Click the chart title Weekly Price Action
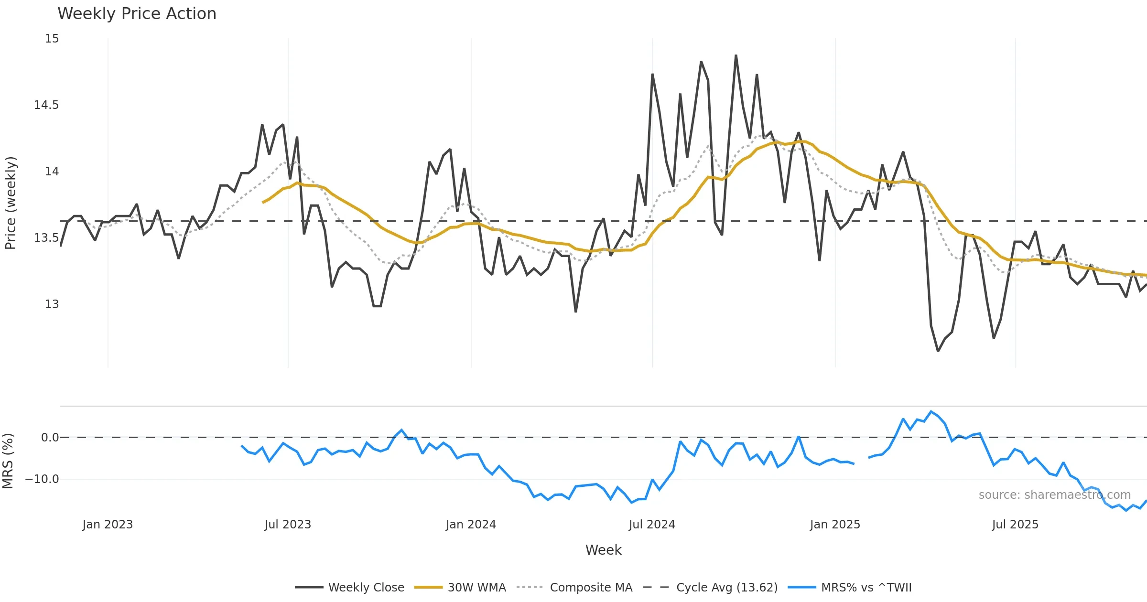point(137,14)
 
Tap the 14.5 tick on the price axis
point(46,105)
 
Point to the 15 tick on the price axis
point(52,39)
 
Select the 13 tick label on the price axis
point(52,304)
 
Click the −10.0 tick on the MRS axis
point(42,479)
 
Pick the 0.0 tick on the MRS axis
point(50,438)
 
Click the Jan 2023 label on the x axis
point(108,525)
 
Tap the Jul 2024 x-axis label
point(652,525)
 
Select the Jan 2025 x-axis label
point(835,525)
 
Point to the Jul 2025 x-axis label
point(1015,525)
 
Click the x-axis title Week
point(603,550)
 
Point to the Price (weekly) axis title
point(11,203)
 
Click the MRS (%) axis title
point(8,461)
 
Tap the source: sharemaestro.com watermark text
point(1054,495)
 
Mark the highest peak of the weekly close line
point(736,55)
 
